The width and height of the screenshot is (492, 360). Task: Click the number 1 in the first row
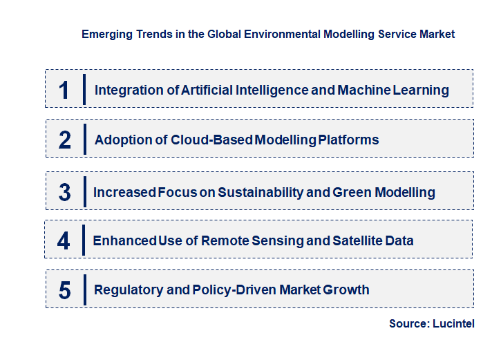(64, 90)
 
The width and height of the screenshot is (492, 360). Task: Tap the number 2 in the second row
(64, 140)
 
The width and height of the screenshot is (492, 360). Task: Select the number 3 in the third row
(64, 192)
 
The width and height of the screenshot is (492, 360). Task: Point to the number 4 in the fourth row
(64, 240)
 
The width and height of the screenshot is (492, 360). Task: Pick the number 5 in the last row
(64, 290)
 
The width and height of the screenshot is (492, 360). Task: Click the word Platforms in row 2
(348, 140)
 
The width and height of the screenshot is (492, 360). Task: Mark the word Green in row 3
(352, 192)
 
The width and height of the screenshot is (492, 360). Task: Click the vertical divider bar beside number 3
(84, 190)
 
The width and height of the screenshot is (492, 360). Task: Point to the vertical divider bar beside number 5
(84, 289)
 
